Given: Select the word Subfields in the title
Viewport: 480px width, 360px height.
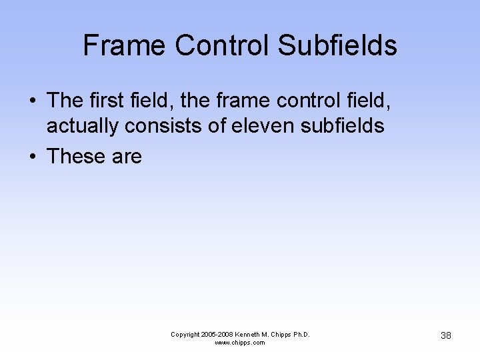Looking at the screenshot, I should pos(337,45).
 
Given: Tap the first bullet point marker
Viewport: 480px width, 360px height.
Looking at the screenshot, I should pos(32,101).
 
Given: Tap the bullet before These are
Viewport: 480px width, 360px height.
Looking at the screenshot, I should pos(32,157).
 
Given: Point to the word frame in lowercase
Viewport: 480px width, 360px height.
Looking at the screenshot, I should pos(235,101).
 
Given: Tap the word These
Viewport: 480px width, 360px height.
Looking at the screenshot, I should pos(77,157).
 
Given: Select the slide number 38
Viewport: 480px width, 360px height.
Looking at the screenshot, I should pos(445,335).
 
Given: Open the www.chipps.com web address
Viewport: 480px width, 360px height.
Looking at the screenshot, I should pos(239,343).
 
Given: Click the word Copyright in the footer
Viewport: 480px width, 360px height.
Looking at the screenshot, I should pos(186,335).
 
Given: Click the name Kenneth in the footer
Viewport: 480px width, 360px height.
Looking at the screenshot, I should pos(249,335).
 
